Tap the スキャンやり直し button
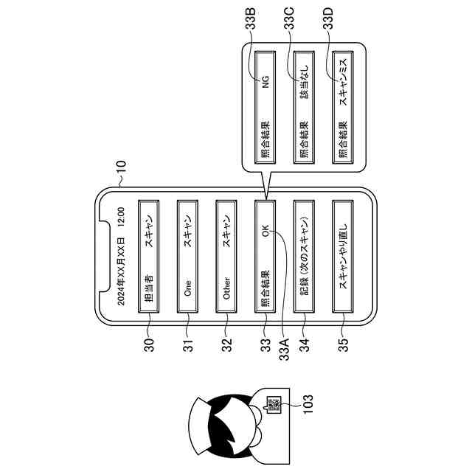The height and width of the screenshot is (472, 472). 341,263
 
